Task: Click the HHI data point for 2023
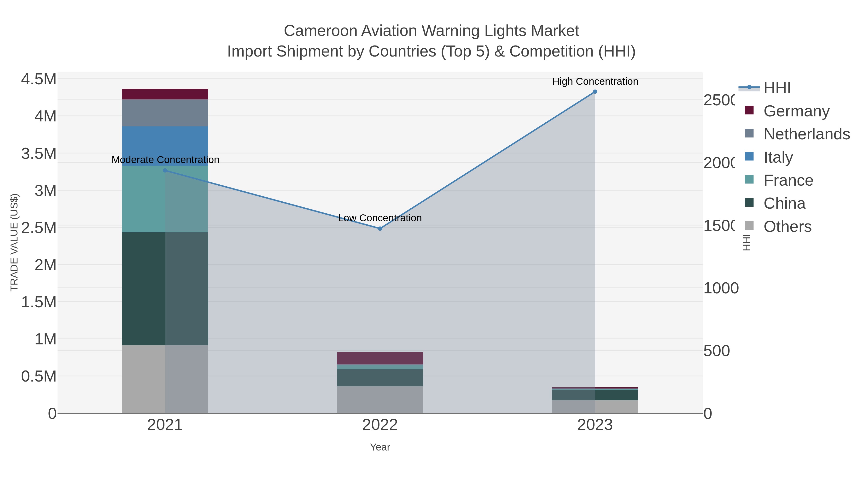595,92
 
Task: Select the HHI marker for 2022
380,229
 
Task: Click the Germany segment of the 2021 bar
165,94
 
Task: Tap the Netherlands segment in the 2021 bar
165,113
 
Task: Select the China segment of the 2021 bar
165,289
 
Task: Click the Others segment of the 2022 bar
380,400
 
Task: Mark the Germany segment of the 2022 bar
380,358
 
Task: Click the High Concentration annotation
595,81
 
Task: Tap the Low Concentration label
380,218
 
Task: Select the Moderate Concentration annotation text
165,160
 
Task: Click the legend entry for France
788,180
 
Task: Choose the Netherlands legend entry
806,134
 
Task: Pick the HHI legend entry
776,88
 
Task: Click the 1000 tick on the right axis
720,288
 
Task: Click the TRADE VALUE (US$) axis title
14,242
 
